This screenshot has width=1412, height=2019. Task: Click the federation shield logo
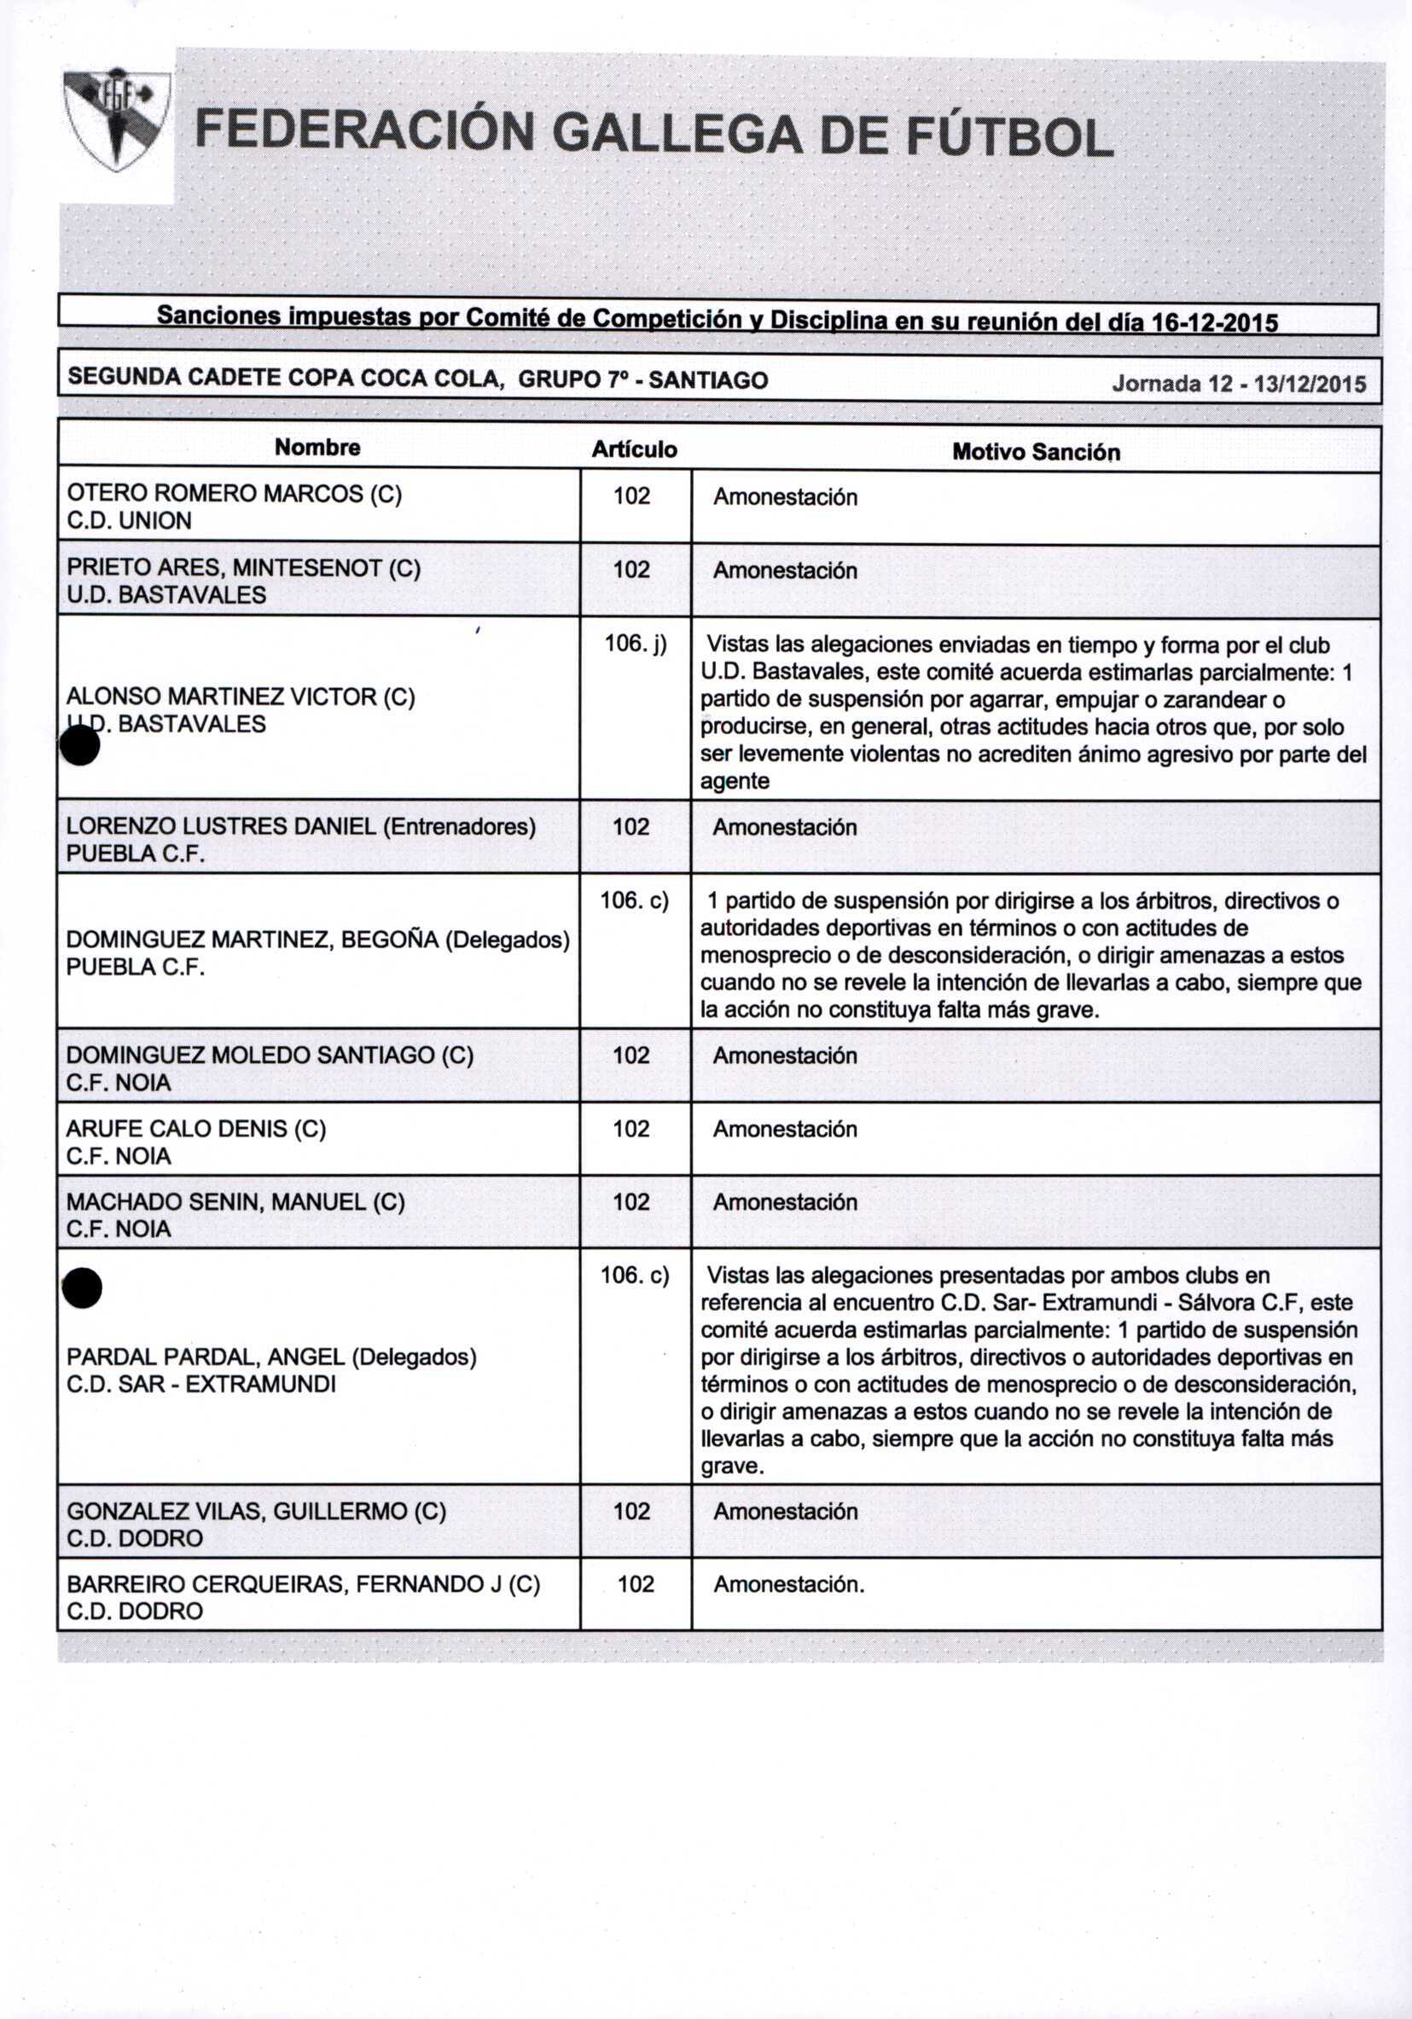[x=117, y=121]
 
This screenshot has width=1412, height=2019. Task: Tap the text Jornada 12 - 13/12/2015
[x=1239, y=384]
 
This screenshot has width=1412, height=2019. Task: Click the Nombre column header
[x=317, y=448]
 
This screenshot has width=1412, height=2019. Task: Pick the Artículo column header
[x=634, y=449]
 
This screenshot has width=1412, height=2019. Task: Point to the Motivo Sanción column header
[x=1036, y=452]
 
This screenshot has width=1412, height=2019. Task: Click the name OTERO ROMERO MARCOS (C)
[x=234, y=494]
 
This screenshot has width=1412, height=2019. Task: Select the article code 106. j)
[x=635, y=645]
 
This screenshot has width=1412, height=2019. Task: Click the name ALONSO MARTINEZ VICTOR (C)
[x=241, y=697]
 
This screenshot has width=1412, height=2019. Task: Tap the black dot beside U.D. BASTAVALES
[x=79, y=748]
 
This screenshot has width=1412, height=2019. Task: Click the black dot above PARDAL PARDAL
[x=83, y=1289]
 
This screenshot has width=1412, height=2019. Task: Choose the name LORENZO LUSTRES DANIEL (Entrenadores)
[x=301, y=826]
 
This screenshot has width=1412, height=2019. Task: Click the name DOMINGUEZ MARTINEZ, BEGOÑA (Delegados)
[x=317, y=940]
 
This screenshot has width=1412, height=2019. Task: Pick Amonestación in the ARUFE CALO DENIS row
[x=785, y=1129]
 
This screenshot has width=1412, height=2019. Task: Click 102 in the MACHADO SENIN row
[x=631, y=1202]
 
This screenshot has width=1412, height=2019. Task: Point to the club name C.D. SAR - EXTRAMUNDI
[x=201, y=1384]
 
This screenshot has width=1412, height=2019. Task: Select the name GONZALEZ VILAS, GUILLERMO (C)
[x=256, y=1511]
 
